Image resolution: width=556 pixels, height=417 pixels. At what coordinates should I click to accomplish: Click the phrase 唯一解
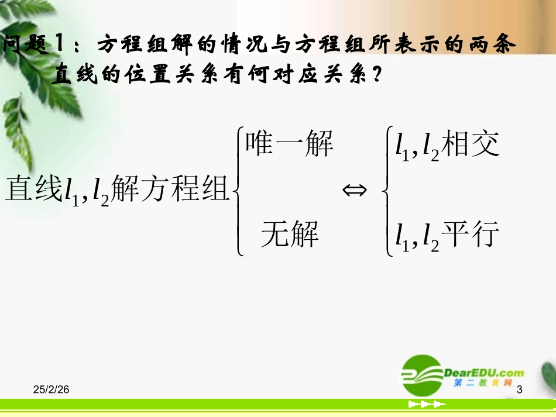click(289, 144)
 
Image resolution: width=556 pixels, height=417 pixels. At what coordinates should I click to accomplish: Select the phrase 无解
click(290, 235)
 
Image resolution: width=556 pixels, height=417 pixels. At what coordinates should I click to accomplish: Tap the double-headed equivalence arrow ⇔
click(354, 190)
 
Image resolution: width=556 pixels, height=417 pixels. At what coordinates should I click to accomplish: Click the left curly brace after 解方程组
click(239, 191)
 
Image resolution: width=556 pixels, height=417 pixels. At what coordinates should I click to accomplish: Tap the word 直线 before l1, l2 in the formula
click(33, 188)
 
